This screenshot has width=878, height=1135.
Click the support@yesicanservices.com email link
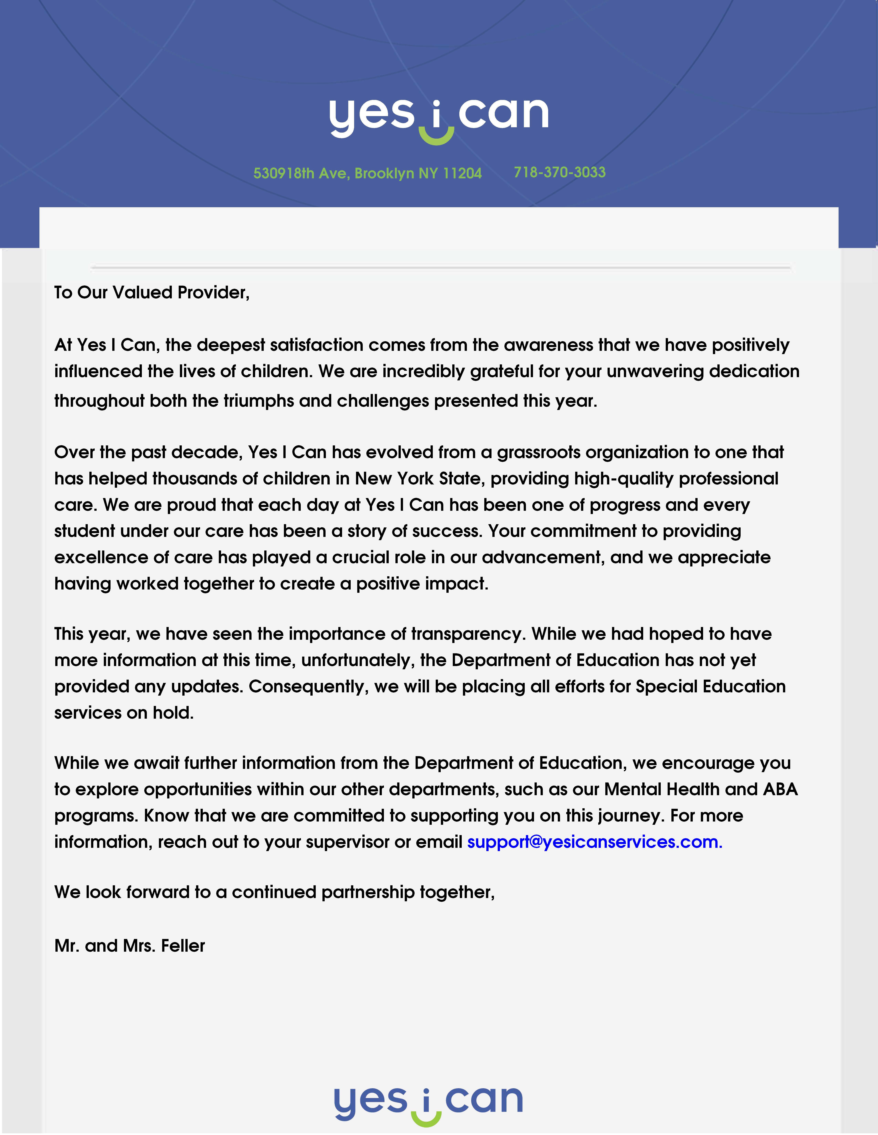tap(594, 842)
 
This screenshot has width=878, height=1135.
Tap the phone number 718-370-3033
tap(560, 172)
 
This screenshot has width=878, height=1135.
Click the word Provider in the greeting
tap(213, 293)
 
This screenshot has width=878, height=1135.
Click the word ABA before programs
tap(780, 789)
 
